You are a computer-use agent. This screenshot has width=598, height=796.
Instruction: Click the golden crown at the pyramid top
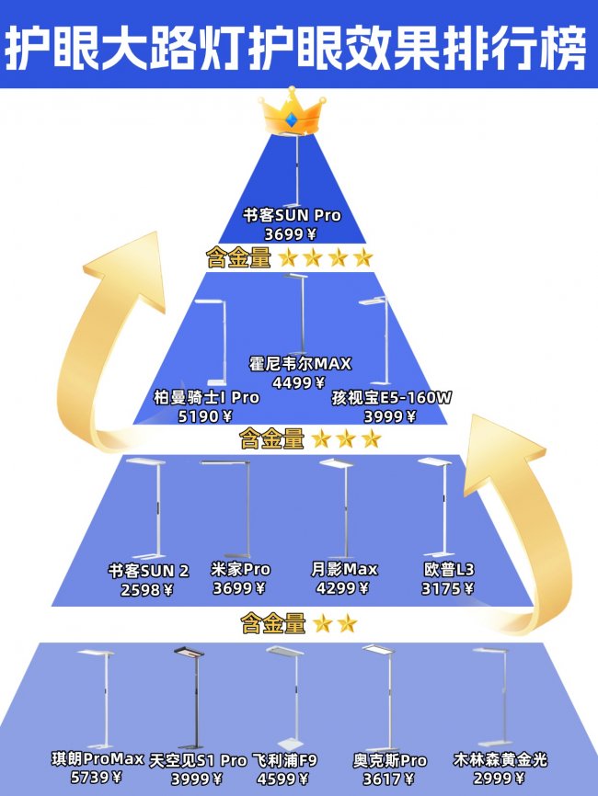click(x=292, y=112)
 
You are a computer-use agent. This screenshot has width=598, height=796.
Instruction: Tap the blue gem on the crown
click(x=292, y=120)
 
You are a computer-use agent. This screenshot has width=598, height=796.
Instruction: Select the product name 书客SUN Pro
click(x=292, y=215)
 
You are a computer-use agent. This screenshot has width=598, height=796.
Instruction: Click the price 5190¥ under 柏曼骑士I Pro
click(x=205, y=416)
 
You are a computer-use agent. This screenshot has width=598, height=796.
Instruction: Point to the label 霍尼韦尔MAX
click(x=300, y=363)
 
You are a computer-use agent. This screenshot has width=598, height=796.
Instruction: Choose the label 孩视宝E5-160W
click(x=391, y=397)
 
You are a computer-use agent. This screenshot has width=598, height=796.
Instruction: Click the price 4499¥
click(x=299, y=382)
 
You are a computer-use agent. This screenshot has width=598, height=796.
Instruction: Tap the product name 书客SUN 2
click(x=148, y=571)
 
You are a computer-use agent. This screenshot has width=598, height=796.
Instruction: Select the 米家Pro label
click(x=240, y=569)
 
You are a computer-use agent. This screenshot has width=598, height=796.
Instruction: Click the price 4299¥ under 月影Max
click(x=342, y=588)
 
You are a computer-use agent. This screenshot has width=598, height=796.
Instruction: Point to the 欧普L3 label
click(x=449, y=569)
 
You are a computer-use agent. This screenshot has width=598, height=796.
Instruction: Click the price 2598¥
click(x=147, y=589)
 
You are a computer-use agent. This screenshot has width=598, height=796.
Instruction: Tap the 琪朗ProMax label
click(x=98, y=759)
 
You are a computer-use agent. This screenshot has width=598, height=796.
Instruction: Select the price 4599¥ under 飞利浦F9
click(x=282, y=779)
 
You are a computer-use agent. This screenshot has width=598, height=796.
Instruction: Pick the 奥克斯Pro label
click(x=390, y=760)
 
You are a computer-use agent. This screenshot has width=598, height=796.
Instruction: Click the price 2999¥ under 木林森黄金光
click(x=499, y=778)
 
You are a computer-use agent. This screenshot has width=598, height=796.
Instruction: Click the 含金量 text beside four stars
click(x=238, y=258)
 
